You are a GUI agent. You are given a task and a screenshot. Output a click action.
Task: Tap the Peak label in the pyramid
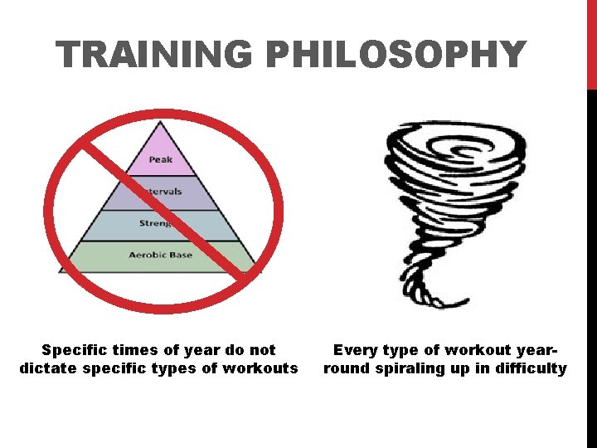tap(161, 159)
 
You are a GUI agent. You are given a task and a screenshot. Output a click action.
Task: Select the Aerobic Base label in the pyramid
tap(160, 255)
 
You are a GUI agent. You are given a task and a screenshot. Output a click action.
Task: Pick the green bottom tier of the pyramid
tap(124, 257)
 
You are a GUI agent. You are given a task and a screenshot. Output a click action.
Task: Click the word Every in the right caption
tap(355, 350)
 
